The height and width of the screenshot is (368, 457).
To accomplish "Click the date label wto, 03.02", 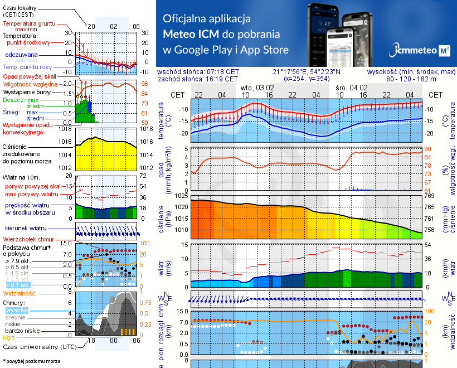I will pos(257,88).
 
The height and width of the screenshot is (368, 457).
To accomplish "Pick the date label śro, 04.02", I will pos(352,88).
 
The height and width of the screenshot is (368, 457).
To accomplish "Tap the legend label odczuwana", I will pos(21,55).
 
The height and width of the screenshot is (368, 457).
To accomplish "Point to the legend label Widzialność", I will pos(20,293).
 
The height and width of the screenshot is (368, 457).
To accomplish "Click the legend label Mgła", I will pos(9,337).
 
